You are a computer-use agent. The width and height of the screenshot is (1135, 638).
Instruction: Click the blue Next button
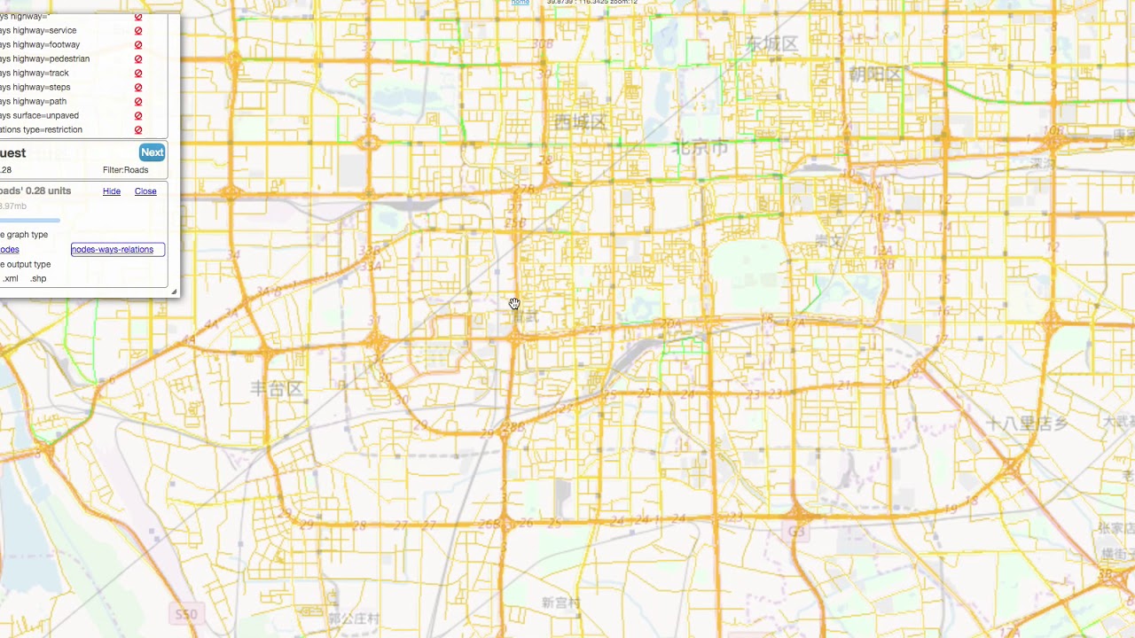tap(152, 152)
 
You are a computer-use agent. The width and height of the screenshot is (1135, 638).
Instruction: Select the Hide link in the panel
tap(112, 191)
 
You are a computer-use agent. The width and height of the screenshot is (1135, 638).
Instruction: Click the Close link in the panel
tap(145, 191)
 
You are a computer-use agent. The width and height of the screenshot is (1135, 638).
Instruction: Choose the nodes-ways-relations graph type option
tap(113, 250)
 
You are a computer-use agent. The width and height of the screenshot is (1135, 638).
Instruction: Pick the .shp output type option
tap(38, 279)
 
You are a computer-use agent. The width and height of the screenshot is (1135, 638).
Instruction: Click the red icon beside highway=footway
tap(138, 45)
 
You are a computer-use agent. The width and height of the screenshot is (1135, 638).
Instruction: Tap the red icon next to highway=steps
tap(138, 88)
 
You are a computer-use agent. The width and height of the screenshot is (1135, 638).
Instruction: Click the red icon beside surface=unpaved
tap(138, 116)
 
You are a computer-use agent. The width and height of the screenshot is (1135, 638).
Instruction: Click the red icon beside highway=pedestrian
tap(138, 59)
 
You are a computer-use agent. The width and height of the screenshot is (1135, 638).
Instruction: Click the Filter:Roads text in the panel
tap(125, 170)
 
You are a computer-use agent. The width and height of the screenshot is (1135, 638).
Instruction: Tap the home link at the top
tap(521, 3)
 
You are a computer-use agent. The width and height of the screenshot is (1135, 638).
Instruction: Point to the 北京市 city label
tap(700, 148)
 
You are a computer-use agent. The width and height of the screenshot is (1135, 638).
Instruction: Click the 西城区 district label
tap(579, 122)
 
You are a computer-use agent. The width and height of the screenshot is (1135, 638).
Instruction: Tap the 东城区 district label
tap(771, 43)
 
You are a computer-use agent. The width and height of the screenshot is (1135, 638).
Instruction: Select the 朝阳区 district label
tap(875, 74)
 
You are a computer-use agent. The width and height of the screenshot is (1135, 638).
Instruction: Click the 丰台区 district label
tap(277, 388)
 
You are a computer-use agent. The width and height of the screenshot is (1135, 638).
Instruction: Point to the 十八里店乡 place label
tap(1027, 424)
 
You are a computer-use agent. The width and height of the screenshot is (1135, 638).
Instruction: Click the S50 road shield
tap(186, 614)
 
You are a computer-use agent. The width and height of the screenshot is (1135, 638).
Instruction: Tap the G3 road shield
tap(795, 532)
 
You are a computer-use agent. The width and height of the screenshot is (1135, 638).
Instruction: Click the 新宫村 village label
tap(560, 603)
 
